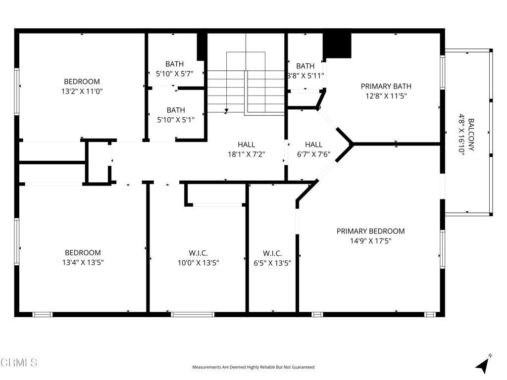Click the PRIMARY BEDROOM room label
point(370,231)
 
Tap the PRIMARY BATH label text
point(386,86)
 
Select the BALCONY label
point(471,134)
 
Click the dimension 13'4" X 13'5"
point(83,263)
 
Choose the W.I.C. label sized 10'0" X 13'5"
point(198,253)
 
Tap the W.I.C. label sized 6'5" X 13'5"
point(272,253)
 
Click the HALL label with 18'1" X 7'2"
point(246,144)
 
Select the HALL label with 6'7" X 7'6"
point(313,144)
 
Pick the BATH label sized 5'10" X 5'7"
point(174,64)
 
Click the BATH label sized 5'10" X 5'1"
point(175,110)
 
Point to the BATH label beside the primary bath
point(305,66)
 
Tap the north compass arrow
point(483,365)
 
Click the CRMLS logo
point(19,363)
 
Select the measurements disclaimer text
point(253,367)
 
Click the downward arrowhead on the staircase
point(226,110)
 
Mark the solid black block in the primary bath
point(337,46)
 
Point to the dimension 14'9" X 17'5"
point(370,241)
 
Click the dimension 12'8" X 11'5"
point(386,96)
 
